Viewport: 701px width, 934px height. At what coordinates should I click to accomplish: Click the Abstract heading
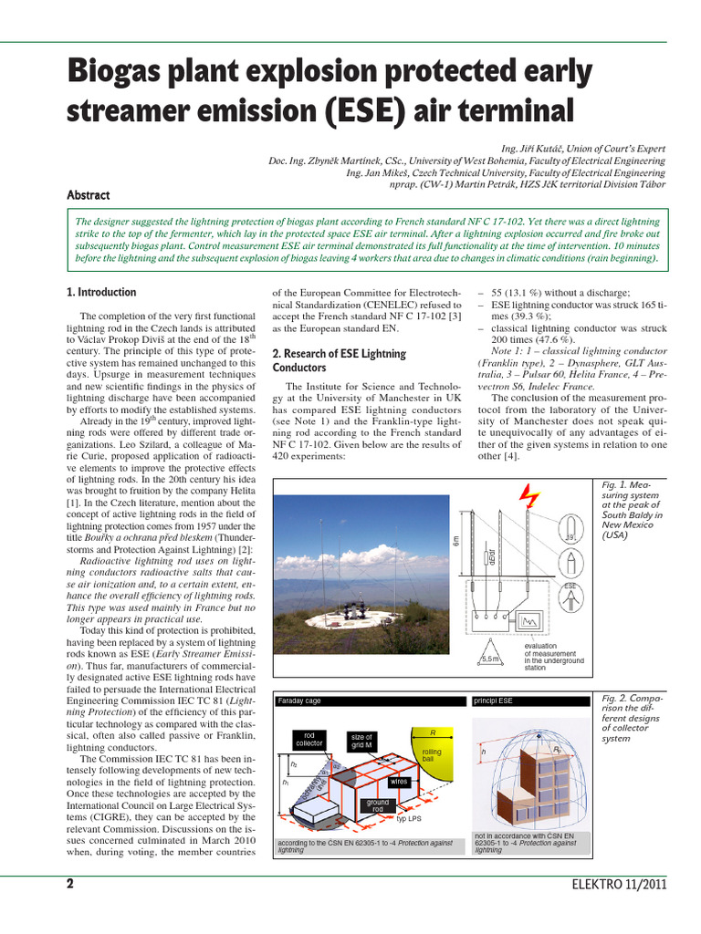coord(89,194)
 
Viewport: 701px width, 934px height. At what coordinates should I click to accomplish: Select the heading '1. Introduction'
coord(101,292)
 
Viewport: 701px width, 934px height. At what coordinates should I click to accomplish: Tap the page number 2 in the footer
coord(70,884)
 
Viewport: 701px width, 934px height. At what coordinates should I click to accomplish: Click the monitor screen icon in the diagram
coord(531,623)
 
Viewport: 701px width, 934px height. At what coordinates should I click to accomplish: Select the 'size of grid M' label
coord(361,741)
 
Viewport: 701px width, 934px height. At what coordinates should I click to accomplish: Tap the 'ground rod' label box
coord(378,805)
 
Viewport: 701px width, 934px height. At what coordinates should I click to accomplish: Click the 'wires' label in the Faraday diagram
coord(399,782)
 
